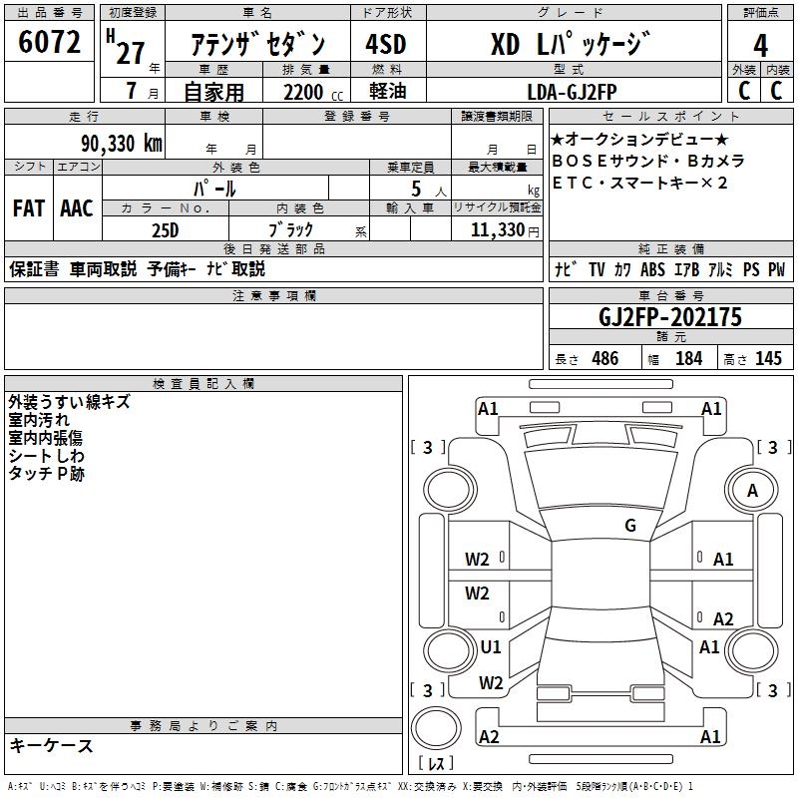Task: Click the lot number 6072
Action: pos(49,43)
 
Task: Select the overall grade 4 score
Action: pos(760,46)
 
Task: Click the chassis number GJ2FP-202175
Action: pos(670,318)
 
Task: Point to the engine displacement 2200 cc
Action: pos(301,92)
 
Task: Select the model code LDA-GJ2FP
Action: pos(573,92)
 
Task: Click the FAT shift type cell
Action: pos(29,208)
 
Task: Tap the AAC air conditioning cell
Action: pos(76,208)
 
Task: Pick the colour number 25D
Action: pos(165,229)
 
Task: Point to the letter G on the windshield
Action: pos(630,526)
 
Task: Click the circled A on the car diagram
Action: pos(753,490)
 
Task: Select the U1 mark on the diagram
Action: pos(490,646)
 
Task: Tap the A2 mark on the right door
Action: pos(723,618)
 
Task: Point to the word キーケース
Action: pos(51,746)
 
